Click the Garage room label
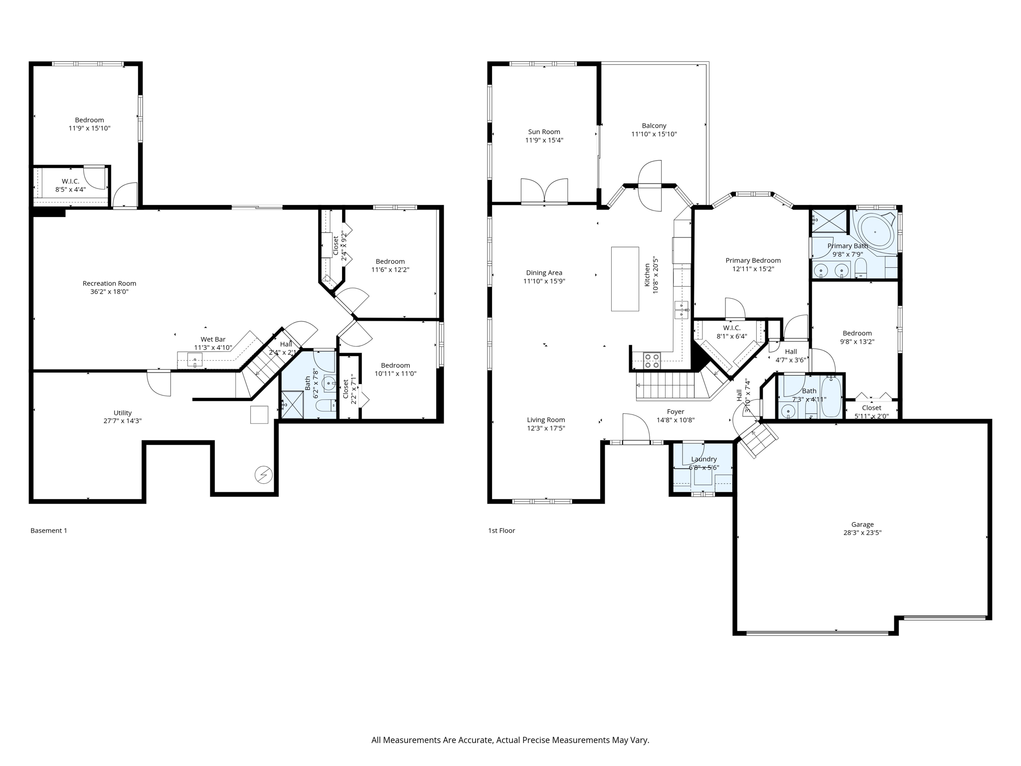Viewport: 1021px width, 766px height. [x=862, y=524]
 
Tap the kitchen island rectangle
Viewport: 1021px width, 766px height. [x=625, y=279]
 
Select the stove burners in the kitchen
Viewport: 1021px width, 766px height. [x=652, y=360]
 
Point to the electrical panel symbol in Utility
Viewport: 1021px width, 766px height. [x=263, y=475]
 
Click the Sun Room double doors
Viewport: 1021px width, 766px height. [x=544, y=191]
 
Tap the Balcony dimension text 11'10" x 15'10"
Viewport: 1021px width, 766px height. [x=654, y=134]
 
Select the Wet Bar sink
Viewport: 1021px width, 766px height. [x=195, y=360]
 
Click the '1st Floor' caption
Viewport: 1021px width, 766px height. [x=501, y=531]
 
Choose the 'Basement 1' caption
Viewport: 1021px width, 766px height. [x=48, y=531]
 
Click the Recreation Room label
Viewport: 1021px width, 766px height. [x=109, y=283]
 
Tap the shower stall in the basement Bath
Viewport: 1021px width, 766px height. [x=292, y=404]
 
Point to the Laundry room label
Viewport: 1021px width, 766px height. [x=703, y=459]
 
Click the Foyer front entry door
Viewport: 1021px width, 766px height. [x=636, y=429]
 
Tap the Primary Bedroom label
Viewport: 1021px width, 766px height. [x=753, y=260]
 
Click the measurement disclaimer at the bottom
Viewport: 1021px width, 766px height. [x=510, y=740]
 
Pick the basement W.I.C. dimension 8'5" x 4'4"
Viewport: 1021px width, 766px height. [x=70, y=190]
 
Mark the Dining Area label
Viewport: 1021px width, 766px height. [x=544, y=273]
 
